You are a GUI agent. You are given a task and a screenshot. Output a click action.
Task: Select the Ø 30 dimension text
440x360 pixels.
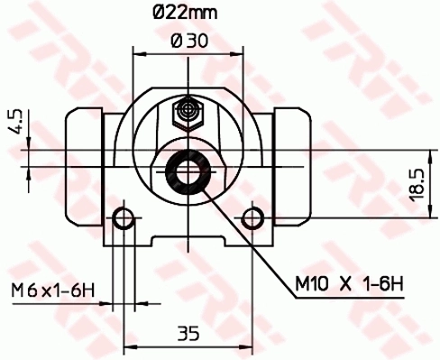point(188,41)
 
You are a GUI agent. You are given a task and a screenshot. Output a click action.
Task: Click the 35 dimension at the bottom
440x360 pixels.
point(188,333)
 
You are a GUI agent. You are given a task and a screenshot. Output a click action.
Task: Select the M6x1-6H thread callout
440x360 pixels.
point(53,290)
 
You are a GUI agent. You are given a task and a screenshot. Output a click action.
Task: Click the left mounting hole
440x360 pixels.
point(125,217)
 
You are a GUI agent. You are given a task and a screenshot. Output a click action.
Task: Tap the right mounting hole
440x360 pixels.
point(252,217)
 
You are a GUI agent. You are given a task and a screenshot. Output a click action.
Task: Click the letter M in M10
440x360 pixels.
point(304,286)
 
